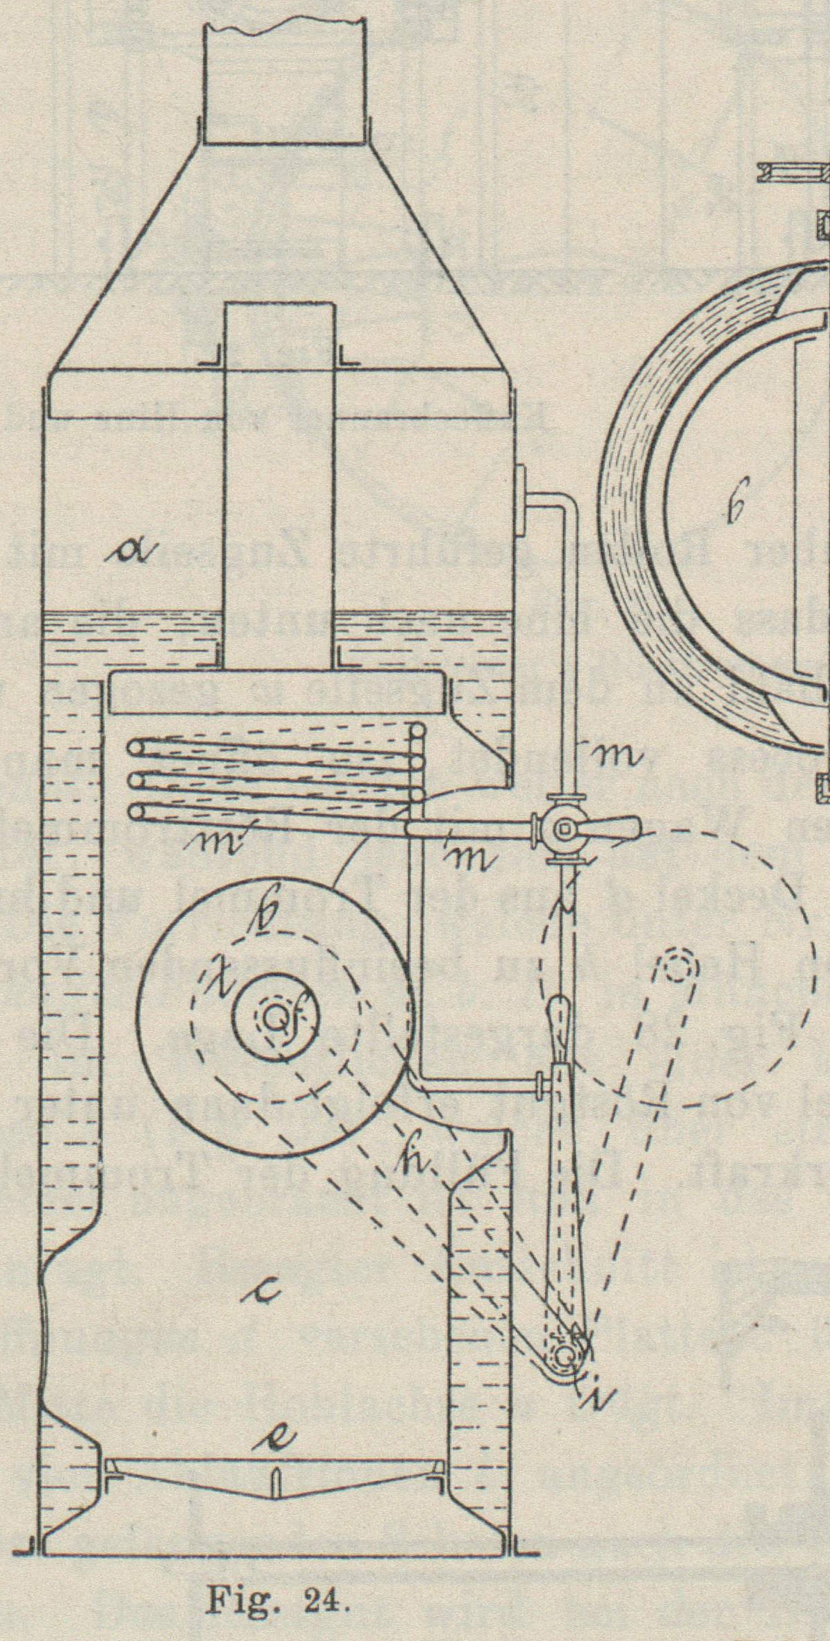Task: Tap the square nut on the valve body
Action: point(564,828)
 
